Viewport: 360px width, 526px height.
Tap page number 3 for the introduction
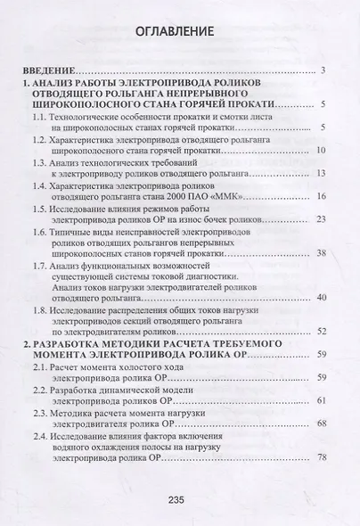(327, 70)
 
